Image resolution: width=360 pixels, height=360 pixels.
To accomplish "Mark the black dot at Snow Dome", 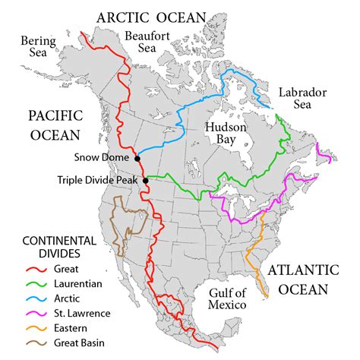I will pos(137,158).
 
